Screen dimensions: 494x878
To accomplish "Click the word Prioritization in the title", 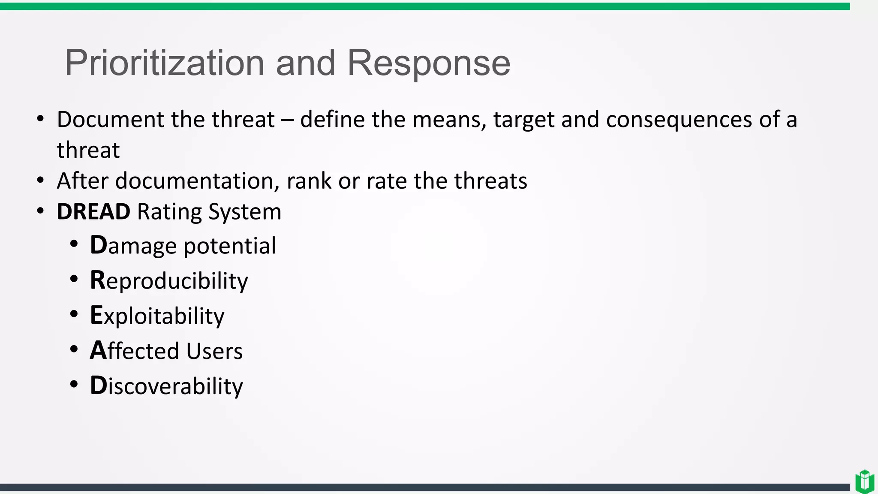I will tap(164, 63).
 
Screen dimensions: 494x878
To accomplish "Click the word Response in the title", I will tap(428, 63).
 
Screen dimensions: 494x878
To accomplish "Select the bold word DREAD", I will tap(93, 212).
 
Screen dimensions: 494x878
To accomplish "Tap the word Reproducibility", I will tap(169, 281).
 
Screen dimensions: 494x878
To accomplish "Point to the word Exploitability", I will tap(157, 316).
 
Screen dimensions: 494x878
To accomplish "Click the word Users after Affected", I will tap(214, 351).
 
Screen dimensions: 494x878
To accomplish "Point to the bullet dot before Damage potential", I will tap(74, 244).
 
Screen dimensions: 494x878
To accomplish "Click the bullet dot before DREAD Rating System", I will tap(40, 211).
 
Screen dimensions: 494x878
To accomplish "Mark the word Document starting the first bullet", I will tap(111, 120).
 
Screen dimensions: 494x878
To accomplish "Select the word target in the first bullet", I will tap(524, 120).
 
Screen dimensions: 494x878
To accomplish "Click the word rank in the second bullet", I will tap(309, 181).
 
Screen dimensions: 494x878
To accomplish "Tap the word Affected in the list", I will tap(134, 351).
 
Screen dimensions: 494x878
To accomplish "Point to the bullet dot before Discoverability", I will tap(74, 385).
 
